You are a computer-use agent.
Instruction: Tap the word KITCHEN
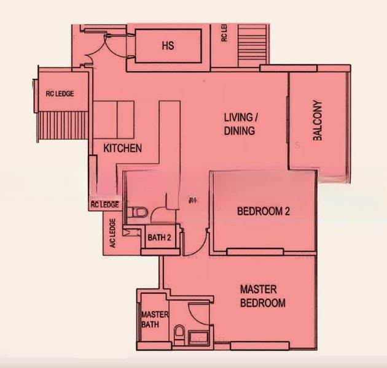pos(122,148)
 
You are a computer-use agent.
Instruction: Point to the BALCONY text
pos(318,120)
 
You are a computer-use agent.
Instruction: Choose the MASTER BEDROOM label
pos(262,296)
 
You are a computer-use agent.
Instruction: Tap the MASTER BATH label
pos(151,318)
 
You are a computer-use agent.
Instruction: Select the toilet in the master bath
pos(179,334)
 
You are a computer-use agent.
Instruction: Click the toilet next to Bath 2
pos(137,213)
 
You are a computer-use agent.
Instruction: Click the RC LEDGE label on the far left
pos(60,94)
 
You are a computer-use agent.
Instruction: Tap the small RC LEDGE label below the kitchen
pos(104,205)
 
